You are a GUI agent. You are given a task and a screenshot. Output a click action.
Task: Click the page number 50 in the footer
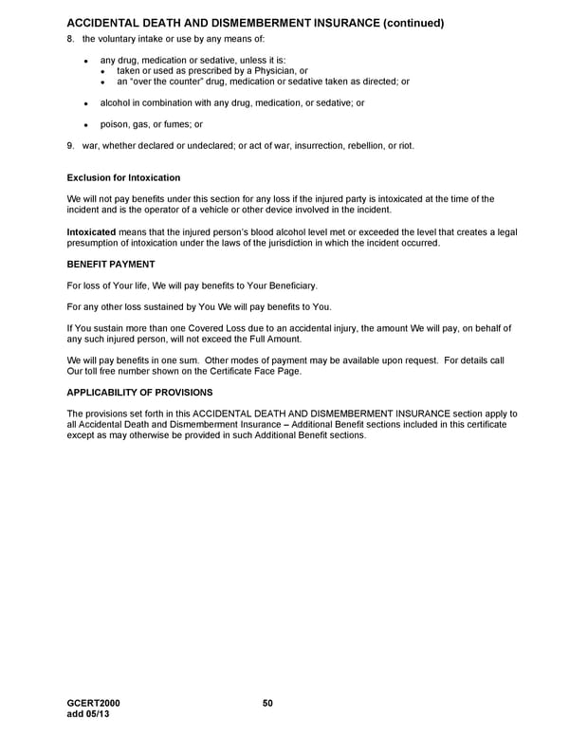[267, 703]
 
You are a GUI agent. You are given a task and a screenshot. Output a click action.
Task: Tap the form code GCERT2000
[94, 703]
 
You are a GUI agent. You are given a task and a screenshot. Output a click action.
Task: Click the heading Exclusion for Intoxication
[123, 178]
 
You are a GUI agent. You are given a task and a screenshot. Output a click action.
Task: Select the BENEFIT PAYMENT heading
[111, 264]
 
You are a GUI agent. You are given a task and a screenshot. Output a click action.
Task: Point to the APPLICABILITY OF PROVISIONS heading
[139, 392]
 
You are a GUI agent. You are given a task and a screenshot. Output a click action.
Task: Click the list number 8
[70, 38]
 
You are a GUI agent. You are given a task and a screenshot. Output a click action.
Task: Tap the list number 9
[70, 145]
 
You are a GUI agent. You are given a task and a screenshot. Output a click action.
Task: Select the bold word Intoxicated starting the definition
[91, 232]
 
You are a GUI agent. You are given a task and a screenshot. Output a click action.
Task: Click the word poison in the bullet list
[114, 124]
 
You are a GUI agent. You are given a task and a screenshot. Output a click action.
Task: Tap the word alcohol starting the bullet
[116, 102]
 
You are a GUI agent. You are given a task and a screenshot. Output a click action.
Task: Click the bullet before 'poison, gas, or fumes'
[85, 124]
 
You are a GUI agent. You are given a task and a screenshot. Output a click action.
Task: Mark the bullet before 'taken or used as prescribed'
[103, 71]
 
